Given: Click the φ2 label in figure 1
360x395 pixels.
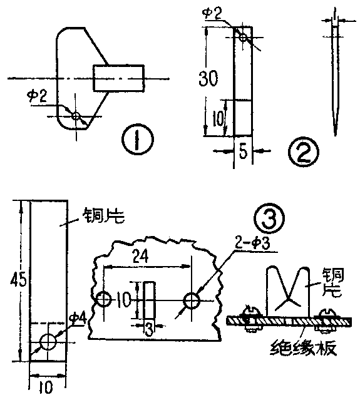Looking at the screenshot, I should pyautogui.click(x=36, y=95).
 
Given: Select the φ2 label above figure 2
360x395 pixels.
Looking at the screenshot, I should pyautogui.click(x=214, y=13).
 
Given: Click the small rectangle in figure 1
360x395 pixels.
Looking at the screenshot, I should pyautogui.click(x=119, y=78).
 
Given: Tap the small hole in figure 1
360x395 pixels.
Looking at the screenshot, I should pyautogui.click(x=76, y=116).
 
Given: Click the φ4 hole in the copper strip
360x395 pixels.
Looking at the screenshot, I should pyautogui.click(x=48, y=342).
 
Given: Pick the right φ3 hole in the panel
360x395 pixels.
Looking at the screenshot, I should pyautogui.click(x=192, y=301).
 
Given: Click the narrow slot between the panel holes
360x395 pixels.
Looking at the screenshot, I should pyautogui.click(x=149, y=301).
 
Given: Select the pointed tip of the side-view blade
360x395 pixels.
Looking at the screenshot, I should pyautogui.click(x=336, y=130).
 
